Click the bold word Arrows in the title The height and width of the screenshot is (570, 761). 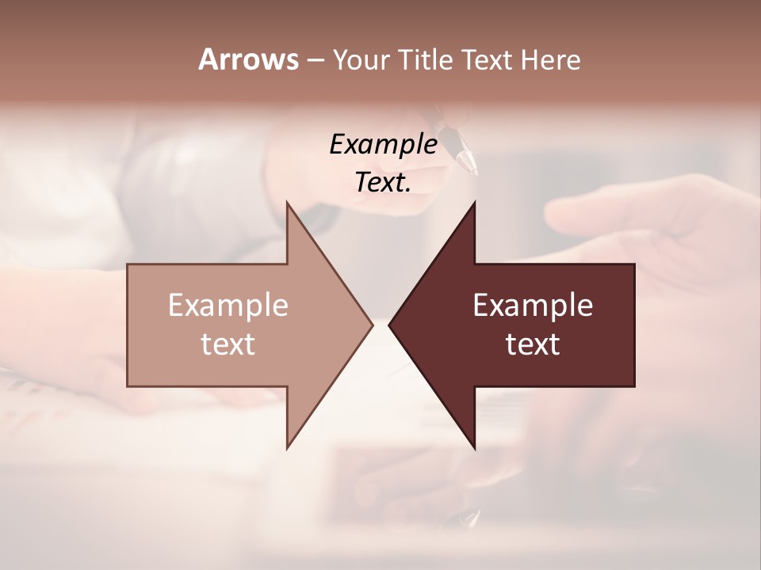(x=247, y=59)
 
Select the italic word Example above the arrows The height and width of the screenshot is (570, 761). (x=383, y=144)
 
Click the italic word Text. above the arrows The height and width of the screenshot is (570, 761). (x=383, y=183)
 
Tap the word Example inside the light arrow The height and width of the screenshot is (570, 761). (x=228, y=306)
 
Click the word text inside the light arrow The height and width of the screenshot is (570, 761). (x=228, y=344)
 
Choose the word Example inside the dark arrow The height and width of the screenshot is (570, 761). (x=533, y=306)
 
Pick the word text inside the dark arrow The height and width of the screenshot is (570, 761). (x=533, y=344)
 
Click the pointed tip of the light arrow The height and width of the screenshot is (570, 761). (x=372, y=325)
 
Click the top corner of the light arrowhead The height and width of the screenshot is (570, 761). (x=287, y=203)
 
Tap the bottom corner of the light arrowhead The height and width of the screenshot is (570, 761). (x=287, y=447)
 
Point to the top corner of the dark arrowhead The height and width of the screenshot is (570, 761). (x=474, y=203)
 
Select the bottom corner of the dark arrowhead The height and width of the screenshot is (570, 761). (x=474, y=448)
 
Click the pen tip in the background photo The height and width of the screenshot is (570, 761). (x=473, y=169)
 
